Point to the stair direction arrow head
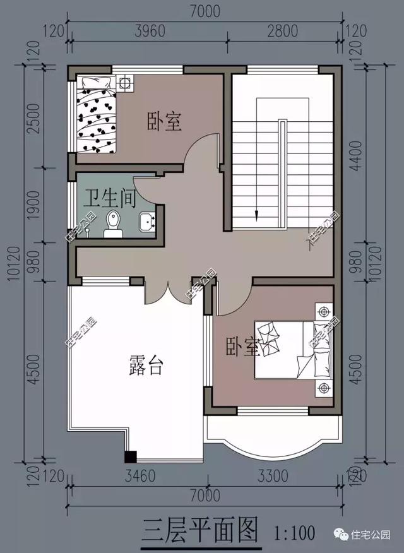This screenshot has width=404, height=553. coord(257,215)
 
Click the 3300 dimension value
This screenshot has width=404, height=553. coord(272,476)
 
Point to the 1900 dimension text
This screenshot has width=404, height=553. coord(34,203)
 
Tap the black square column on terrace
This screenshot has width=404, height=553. coord(131,457)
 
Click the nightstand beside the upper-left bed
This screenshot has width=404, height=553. coord(125,83)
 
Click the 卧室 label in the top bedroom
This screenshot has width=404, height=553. coord(165,121)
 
